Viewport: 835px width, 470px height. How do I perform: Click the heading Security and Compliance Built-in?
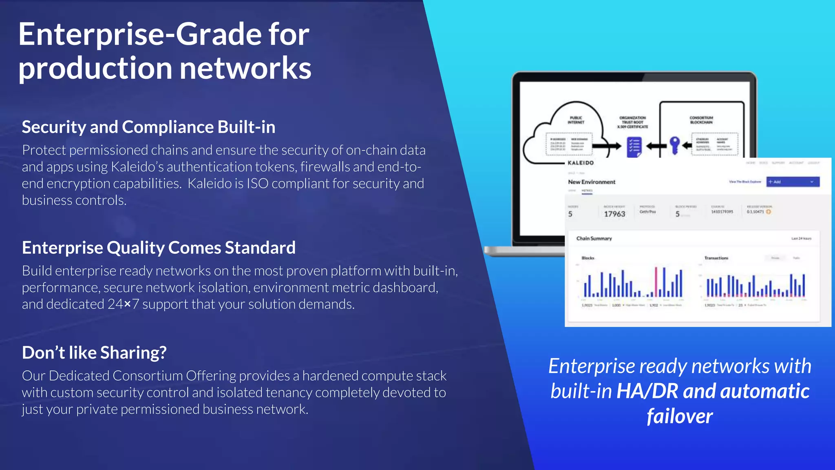point(148,127)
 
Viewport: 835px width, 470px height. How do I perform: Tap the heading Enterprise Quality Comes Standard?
point(159,248)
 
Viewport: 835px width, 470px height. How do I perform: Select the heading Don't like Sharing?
point(94,352)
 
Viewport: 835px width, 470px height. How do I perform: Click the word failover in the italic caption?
point(680,416)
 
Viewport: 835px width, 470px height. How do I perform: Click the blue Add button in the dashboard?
point(792,182)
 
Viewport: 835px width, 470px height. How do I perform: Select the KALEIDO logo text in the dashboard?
point(581,163)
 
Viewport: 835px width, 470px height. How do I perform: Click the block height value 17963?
point(614,214)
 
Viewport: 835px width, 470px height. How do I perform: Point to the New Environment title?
point(592,182)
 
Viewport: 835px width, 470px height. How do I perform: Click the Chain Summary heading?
point(594,238)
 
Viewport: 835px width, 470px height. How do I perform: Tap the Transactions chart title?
point(716,258)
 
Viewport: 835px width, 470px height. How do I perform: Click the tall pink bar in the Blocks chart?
point(656,282)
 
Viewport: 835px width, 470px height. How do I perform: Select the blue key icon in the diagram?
point(675,145)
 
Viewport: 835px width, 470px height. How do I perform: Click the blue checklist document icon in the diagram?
point(634,147)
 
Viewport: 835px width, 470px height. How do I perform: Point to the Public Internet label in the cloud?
point(576,120)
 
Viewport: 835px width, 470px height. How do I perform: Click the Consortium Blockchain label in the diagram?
point(701,120)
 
